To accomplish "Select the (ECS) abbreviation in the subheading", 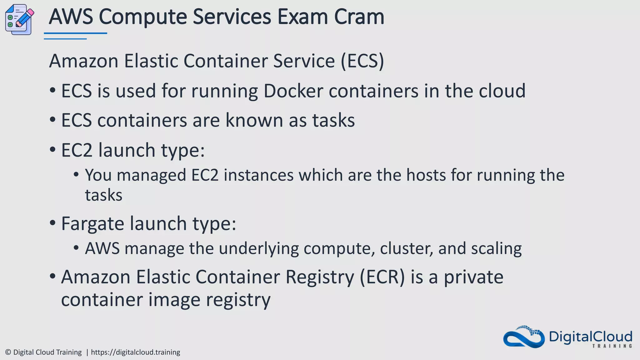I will [x=362, y=61].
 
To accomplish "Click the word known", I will [x=254, y=120].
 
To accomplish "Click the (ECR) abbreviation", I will [x=382, y=277].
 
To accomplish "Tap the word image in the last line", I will [x=174, y=300].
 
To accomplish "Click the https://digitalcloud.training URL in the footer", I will [x=135, y=352].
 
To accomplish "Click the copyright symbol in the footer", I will [x=8, y=352].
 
